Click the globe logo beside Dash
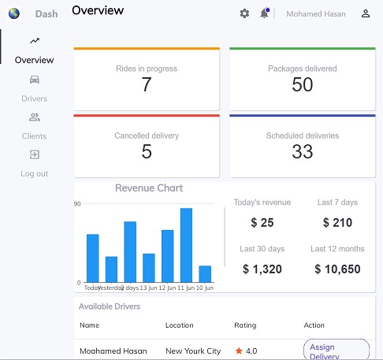click(x=13, y=13)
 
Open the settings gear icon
click(x=244, y=13)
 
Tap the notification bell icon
click(x=264, y=13)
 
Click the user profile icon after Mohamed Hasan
click(x=366, y=13)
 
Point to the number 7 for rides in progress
click(x=147, y=85)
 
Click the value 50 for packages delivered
click(x=303, y=85)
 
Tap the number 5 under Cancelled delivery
click(x=147, y=152)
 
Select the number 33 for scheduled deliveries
click(x=303, y=152)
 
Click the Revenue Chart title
click(x=149, y=188)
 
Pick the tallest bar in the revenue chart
click(x=187, y=244)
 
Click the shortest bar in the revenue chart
click(x=205, y=273)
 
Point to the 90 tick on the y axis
click(x=77, y=204)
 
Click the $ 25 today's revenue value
click(x=262, y=223)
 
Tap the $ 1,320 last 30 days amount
click(x=262, y=269)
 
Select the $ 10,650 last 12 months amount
click(x=337, y=269)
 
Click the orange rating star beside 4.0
click(x=239, y=351)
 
